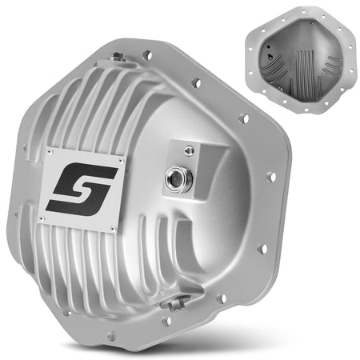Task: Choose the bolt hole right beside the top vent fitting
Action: (x=146, y=56)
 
